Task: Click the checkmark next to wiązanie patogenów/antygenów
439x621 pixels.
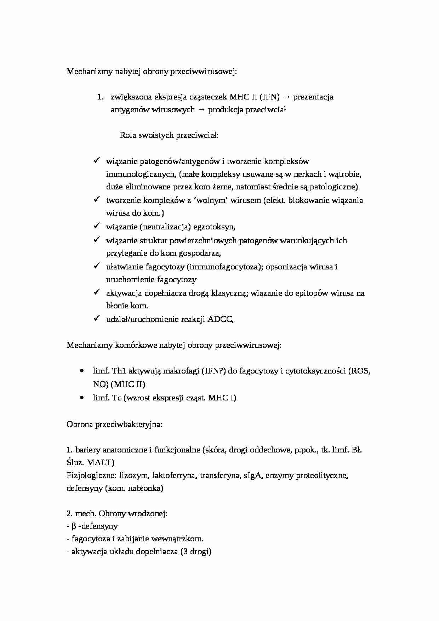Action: (97, 161)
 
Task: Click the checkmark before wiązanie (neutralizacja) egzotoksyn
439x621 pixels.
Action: (97, 226)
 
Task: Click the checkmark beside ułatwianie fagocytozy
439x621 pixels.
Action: (97, 266)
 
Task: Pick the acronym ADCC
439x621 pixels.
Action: (220, 319)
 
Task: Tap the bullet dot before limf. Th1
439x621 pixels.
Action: (82, 371)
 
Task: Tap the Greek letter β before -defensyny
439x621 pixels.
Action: (74, 526)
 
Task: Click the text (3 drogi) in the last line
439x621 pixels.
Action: (195, 552)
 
